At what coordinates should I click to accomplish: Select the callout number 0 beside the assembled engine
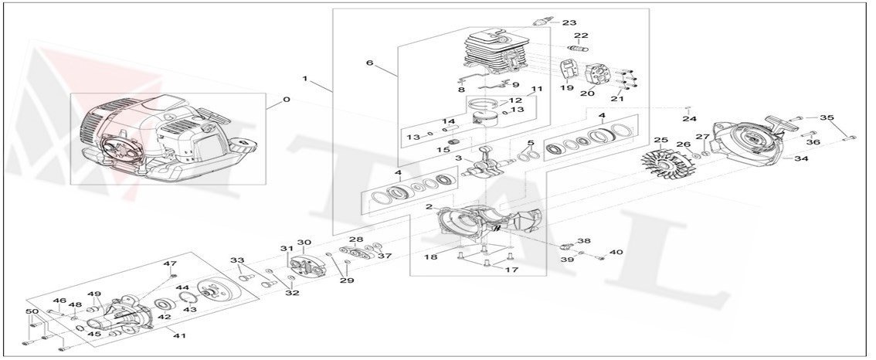[x=287, y=100]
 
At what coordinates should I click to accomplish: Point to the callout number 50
[x=32, y=311]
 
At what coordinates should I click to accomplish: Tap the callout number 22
[x=581, y=36]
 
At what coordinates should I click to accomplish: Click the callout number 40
[x=616, y=253]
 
